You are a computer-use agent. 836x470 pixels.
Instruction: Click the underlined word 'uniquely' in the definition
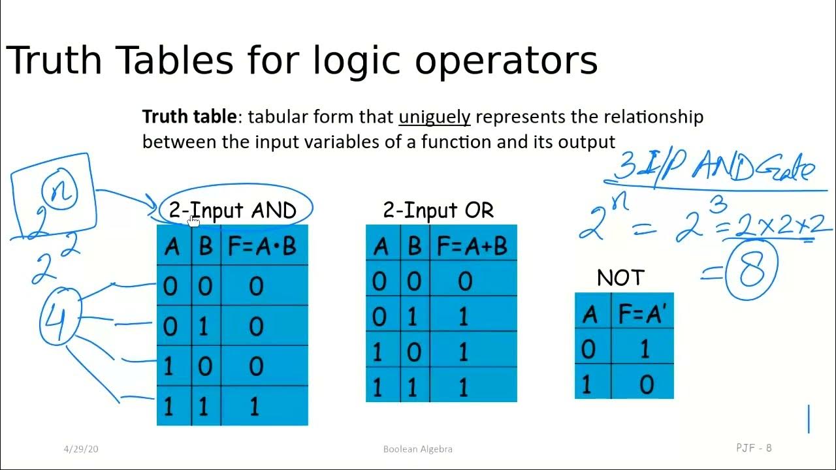(434, 117)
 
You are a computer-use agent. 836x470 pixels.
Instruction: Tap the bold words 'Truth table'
(189, 117)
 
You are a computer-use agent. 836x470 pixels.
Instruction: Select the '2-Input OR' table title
(438, 210)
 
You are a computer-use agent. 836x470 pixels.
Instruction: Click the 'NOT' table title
(620, 278)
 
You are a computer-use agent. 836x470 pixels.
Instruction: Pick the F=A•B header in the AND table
(262, 247)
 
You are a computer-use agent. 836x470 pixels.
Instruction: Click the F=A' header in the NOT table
(641, 314)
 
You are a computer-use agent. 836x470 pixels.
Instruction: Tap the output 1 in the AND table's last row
(255, 407)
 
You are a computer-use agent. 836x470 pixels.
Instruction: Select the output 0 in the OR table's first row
(464, 281)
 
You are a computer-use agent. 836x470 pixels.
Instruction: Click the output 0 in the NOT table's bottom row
(646, 385)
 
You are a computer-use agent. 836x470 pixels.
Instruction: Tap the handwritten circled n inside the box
(60, 191)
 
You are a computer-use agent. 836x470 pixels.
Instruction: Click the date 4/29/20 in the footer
(81, 449)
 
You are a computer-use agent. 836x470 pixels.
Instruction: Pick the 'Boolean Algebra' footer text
(417, 449)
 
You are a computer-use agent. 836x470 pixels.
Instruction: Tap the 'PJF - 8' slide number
(754, 448)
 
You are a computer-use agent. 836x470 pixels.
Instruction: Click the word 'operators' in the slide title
(506, 61)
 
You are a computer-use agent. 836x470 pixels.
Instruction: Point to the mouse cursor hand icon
(193, 221)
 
